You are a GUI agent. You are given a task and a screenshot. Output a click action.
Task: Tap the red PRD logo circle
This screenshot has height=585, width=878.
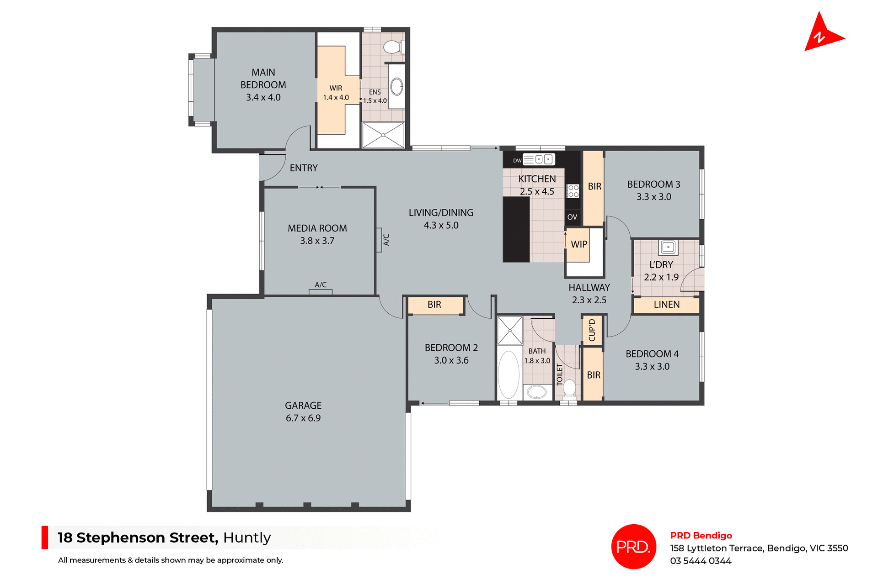click(x=633, y=546)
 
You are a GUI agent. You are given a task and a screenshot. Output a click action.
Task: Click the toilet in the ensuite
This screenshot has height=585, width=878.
click(x=392, y=47)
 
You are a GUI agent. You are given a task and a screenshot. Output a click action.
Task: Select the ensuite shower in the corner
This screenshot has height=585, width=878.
click(x=383, y=135)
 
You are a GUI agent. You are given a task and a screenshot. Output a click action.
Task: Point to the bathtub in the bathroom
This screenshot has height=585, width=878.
click(x=509, y=375)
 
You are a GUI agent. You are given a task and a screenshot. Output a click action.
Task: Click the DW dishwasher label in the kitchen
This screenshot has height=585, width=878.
click(x=517, y=161)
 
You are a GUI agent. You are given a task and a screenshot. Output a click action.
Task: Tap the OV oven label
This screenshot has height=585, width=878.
click(x=572, y=217)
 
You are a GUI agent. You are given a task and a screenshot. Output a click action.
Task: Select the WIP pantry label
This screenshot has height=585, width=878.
click(x=579, y=244)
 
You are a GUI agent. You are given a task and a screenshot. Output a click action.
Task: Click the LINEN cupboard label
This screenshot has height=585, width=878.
click(x=666, y=305)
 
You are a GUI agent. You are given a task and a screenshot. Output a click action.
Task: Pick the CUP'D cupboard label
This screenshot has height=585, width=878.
click(x=592, y=330)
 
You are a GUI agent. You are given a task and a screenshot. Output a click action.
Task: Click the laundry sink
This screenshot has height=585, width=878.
click(x=668, y=247)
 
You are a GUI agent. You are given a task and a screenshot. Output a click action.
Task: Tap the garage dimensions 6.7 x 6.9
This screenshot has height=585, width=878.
click(x=303, y=418)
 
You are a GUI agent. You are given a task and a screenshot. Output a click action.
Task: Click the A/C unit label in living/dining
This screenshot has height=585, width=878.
click(x=386, y=240)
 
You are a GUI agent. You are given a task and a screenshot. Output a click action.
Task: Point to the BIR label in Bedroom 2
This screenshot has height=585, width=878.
click(x=434, y=305)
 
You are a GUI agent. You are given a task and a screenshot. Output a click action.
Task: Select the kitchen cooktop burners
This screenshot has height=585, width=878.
click(x=573, y=191)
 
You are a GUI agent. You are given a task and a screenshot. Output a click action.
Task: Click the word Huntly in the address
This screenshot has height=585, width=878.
click(x=247, y=538)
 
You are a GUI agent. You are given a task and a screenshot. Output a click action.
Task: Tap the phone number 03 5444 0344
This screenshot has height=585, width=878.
click(x=701, y=561)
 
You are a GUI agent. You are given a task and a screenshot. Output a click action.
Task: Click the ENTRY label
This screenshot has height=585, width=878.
click(x=304, y=168)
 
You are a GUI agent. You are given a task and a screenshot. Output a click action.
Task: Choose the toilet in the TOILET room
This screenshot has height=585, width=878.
click(x=569, y=388)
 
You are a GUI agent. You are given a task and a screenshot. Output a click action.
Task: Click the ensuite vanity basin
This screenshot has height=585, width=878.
click(x=396, y=86)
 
